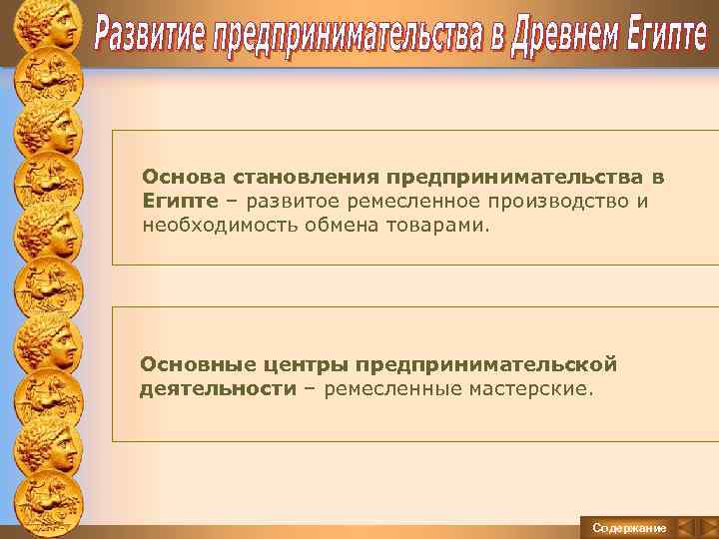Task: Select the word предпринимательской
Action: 488,363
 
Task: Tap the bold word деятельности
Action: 218,387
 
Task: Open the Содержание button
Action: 629,527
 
